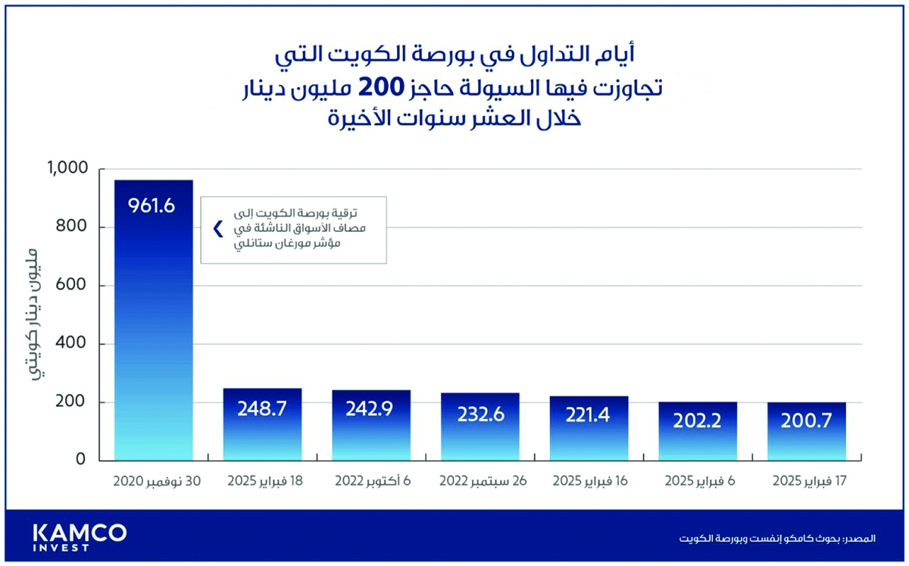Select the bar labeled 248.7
(261, 424)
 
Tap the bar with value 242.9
(371, 425)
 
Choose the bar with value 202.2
(698, 431)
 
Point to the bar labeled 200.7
(807, 431)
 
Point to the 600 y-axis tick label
(74, 286)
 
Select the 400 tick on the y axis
(74, 344)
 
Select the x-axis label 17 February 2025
(807, 482)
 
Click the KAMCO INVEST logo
(80, 536)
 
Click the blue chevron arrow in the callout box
(218, 229)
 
